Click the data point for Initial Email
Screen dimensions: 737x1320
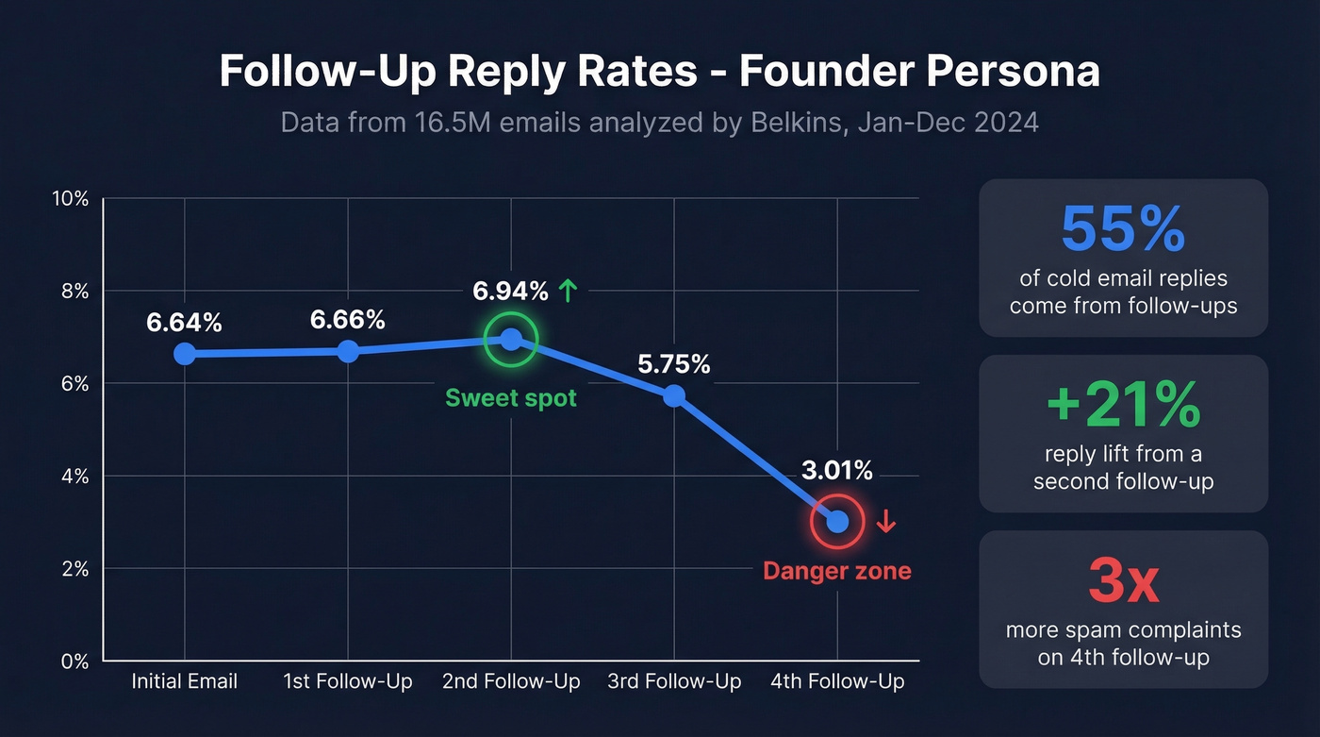click(185, 354)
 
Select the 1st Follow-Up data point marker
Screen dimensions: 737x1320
click(348, 351)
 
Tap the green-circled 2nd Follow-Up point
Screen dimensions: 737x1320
click(511, 339)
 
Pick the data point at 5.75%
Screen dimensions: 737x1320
click(674, 395)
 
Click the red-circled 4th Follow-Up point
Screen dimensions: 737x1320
click(837, 521)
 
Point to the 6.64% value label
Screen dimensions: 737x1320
click(184, 323)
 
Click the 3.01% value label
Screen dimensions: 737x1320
click(837, 470)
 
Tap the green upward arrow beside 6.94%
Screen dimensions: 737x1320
click(567, 291)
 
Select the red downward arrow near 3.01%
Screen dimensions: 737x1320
click(885, 521)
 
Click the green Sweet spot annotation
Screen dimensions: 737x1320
click(511, 398)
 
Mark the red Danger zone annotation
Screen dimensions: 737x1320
click(837, 571)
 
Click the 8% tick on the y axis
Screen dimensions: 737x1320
click(75, 292)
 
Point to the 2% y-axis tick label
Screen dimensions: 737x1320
click(75, 569)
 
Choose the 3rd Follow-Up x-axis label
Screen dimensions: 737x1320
click(674, 681)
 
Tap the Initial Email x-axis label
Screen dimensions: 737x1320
click(185, 681)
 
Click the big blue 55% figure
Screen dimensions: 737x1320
click(1123, 229)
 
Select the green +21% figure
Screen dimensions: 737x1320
click(1123, 405)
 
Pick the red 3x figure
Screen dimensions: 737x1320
click(1123, 581)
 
